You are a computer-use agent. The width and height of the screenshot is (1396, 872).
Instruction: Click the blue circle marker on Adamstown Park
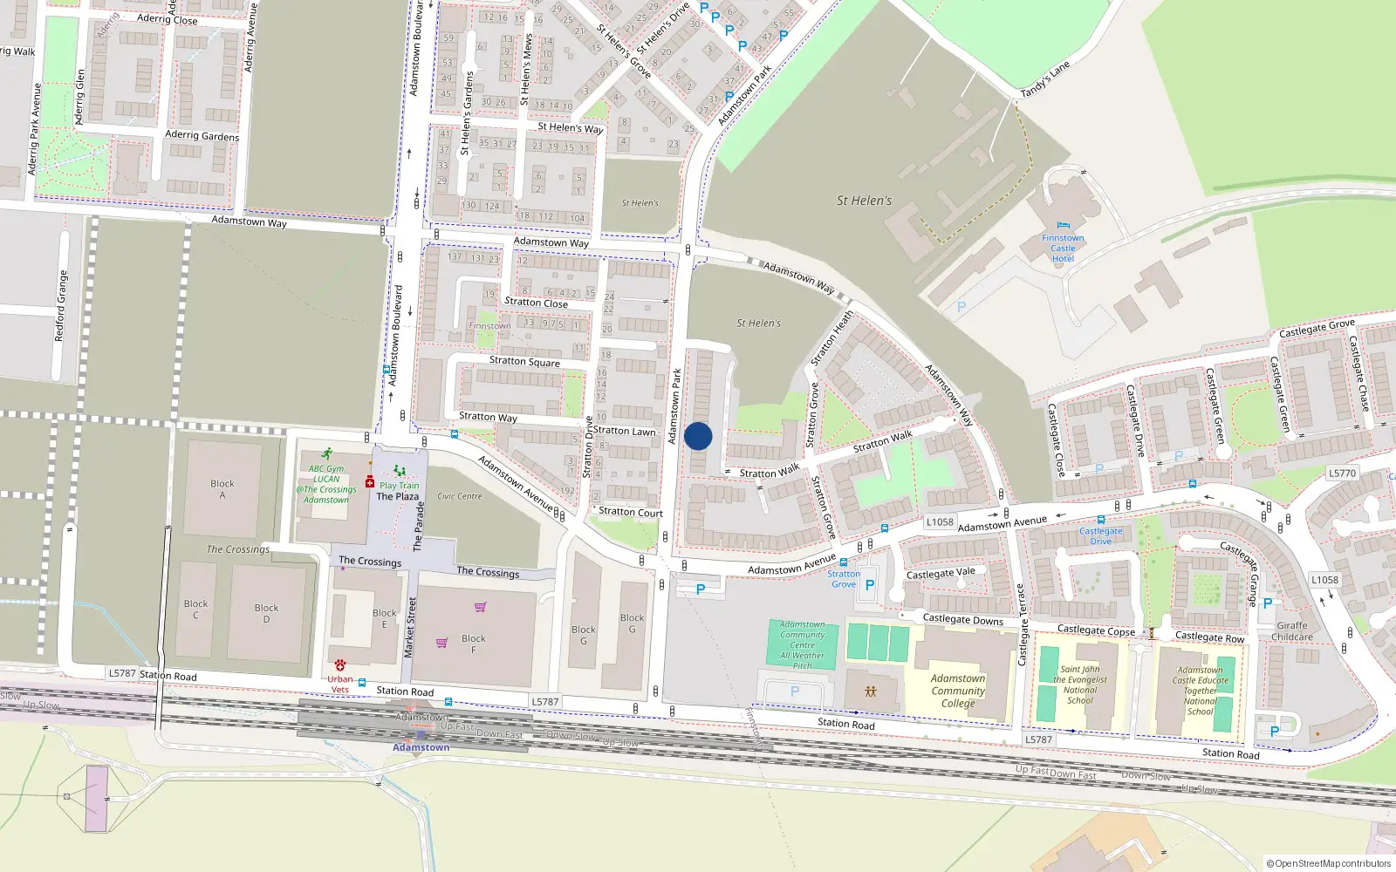(698, 436)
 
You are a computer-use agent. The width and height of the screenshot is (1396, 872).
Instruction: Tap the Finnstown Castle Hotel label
(1063, 249)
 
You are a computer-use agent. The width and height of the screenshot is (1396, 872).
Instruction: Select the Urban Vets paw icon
(340, 665)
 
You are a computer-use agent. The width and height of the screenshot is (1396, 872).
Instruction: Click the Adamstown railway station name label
(421, 747)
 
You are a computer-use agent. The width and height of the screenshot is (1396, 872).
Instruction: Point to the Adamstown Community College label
(958, 691)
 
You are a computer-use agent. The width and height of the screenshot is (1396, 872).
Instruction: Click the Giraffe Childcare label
(1292, 630)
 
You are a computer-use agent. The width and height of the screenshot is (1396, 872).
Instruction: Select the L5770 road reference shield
(1342, 473)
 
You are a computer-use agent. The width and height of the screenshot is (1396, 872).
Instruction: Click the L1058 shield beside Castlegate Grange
(1324, 580)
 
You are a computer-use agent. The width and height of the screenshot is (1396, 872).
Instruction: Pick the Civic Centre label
(460, 496)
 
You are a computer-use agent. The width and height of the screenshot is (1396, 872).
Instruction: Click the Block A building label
(222, 489)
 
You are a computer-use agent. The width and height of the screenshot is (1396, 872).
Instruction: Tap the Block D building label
(266, 613)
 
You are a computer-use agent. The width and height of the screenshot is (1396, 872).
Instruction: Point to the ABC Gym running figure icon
(326, 454)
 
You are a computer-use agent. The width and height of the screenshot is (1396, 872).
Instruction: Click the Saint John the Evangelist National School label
(1080, 685)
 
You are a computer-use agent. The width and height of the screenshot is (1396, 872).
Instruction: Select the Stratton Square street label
(524, 361)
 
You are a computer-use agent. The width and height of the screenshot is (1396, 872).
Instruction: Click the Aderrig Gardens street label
(202, 136)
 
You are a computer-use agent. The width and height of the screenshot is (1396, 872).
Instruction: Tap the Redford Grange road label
(61, 305)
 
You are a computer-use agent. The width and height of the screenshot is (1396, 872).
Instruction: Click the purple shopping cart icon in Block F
(442, 643)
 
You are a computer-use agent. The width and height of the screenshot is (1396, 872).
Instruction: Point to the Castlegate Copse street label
(1096, 630)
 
